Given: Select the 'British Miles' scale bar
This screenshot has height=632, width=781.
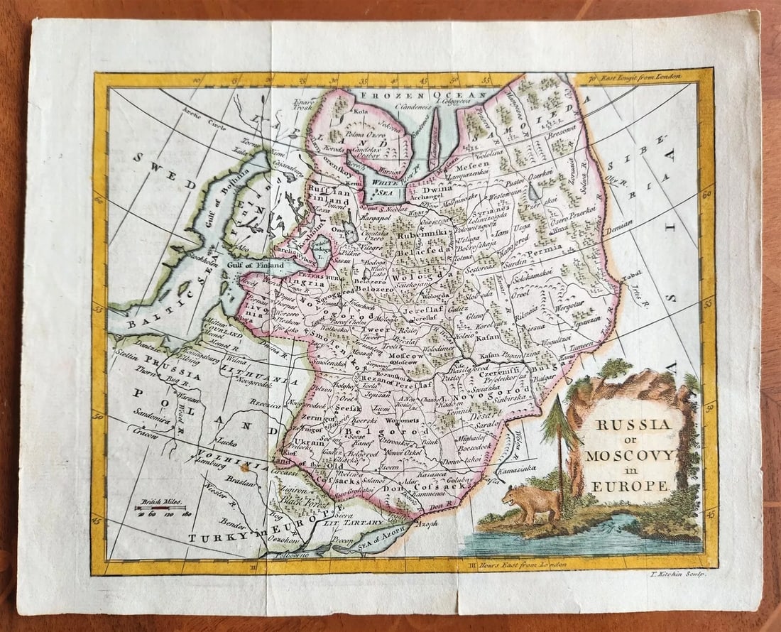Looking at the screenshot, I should (161, 508).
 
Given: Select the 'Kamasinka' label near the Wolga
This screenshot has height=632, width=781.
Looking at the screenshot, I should (520, 470).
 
